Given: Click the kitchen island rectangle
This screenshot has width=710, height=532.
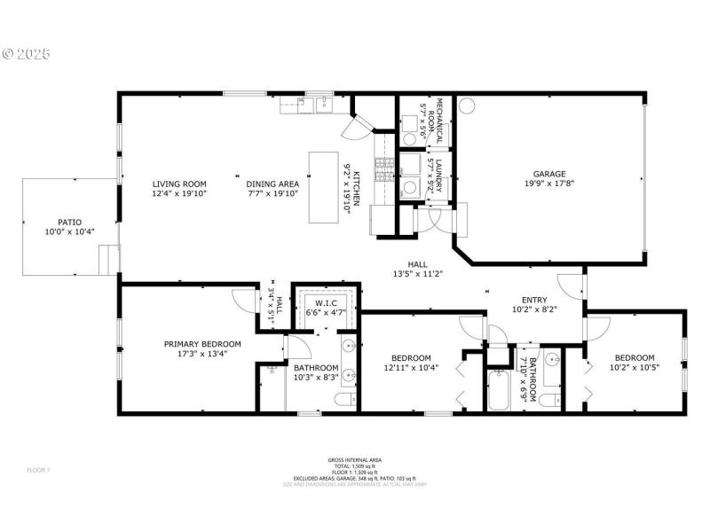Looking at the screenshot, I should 324,187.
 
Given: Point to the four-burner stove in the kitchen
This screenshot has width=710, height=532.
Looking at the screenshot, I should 383,168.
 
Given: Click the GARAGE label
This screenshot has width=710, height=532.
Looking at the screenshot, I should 548,174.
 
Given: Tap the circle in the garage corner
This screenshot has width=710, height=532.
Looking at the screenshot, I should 467,106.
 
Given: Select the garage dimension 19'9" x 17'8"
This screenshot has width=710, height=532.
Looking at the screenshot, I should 548,184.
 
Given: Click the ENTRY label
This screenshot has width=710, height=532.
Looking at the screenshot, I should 534,300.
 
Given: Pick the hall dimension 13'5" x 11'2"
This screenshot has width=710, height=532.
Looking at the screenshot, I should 417,274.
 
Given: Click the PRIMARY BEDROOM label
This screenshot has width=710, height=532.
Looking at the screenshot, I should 202,344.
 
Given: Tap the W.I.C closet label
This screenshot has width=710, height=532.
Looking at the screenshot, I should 327,302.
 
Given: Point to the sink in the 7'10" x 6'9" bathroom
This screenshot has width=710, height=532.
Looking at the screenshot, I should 552,360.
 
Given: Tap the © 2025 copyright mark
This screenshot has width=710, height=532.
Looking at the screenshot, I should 26,54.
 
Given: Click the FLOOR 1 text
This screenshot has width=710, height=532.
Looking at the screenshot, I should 37,469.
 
